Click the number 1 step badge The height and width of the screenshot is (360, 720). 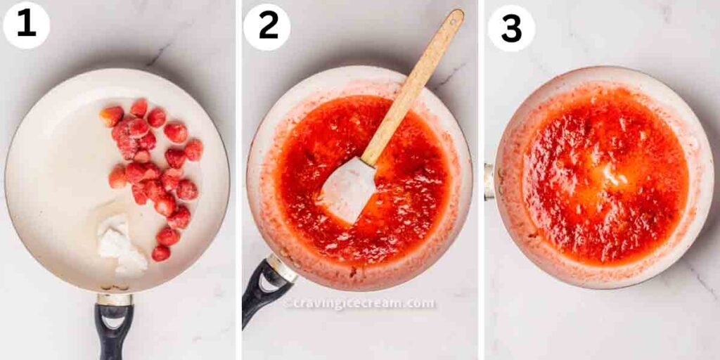point(26,25)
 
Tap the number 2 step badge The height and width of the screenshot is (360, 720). point(266,27)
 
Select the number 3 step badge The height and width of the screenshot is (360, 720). point(511,28)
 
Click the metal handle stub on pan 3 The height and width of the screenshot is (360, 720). point(489,182)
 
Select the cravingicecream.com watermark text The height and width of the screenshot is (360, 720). point(359,304)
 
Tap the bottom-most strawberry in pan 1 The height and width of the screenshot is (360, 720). point(161,253)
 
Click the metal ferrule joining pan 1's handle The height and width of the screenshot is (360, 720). point(115,299)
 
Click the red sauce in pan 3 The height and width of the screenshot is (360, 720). point(605,175)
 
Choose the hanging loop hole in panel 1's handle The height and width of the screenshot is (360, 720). point(113,321)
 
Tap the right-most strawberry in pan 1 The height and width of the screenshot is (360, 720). point(194,150)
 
